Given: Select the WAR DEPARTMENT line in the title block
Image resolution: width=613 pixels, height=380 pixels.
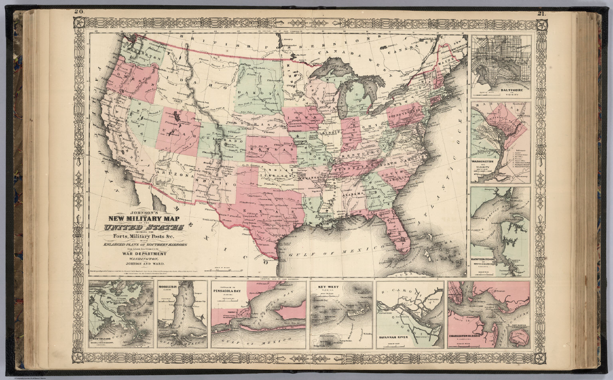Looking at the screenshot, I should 144,254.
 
